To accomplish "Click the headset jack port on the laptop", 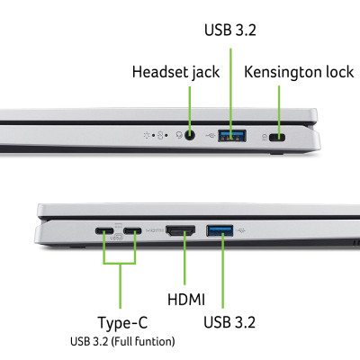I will click(190, 137).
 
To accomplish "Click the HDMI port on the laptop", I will click(182, 232).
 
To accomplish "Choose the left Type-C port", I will click(105, 232).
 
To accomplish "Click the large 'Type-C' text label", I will click(122, 322).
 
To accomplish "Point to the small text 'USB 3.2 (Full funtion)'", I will click(122, 342).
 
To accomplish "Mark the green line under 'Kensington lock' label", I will click(280, 106).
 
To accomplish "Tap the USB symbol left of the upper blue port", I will click(210, 137).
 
